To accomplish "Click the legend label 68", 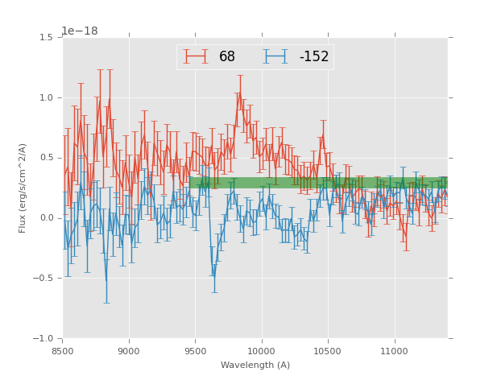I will [x=227, y=57].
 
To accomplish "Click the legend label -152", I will [x=314, y=57].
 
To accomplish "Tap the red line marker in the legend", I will [x=196, y=57].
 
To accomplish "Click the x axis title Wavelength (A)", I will [x=255, y=366].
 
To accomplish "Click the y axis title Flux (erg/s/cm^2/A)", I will [x=23, y=188].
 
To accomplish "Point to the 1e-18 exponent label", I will [x=80, y=31].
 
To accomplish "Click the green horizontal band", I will [x=322, y=183].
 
